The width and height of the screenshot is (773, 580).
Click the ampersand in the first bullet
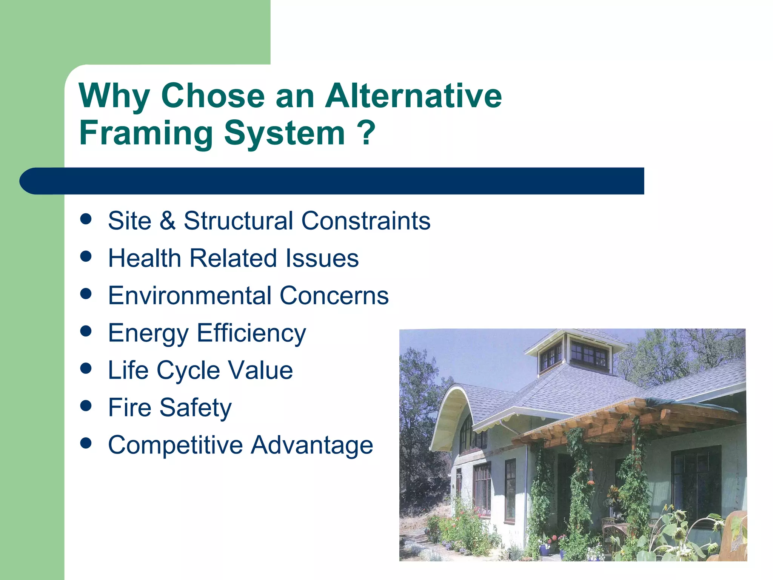(168, 221)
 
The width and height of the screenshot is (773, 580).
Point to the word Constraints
(366, 221)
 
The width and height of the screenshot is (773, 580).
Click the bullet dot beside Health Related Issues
(86, 257)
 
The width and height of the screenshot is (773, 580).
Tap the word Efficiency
(251, 333)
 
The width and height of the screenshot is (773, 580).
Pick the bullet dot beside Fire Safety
(86, 406)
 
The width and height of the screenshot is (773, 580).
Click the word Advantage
(312, 445)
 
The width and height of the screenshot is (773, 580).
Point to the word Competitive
(176, 445)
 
